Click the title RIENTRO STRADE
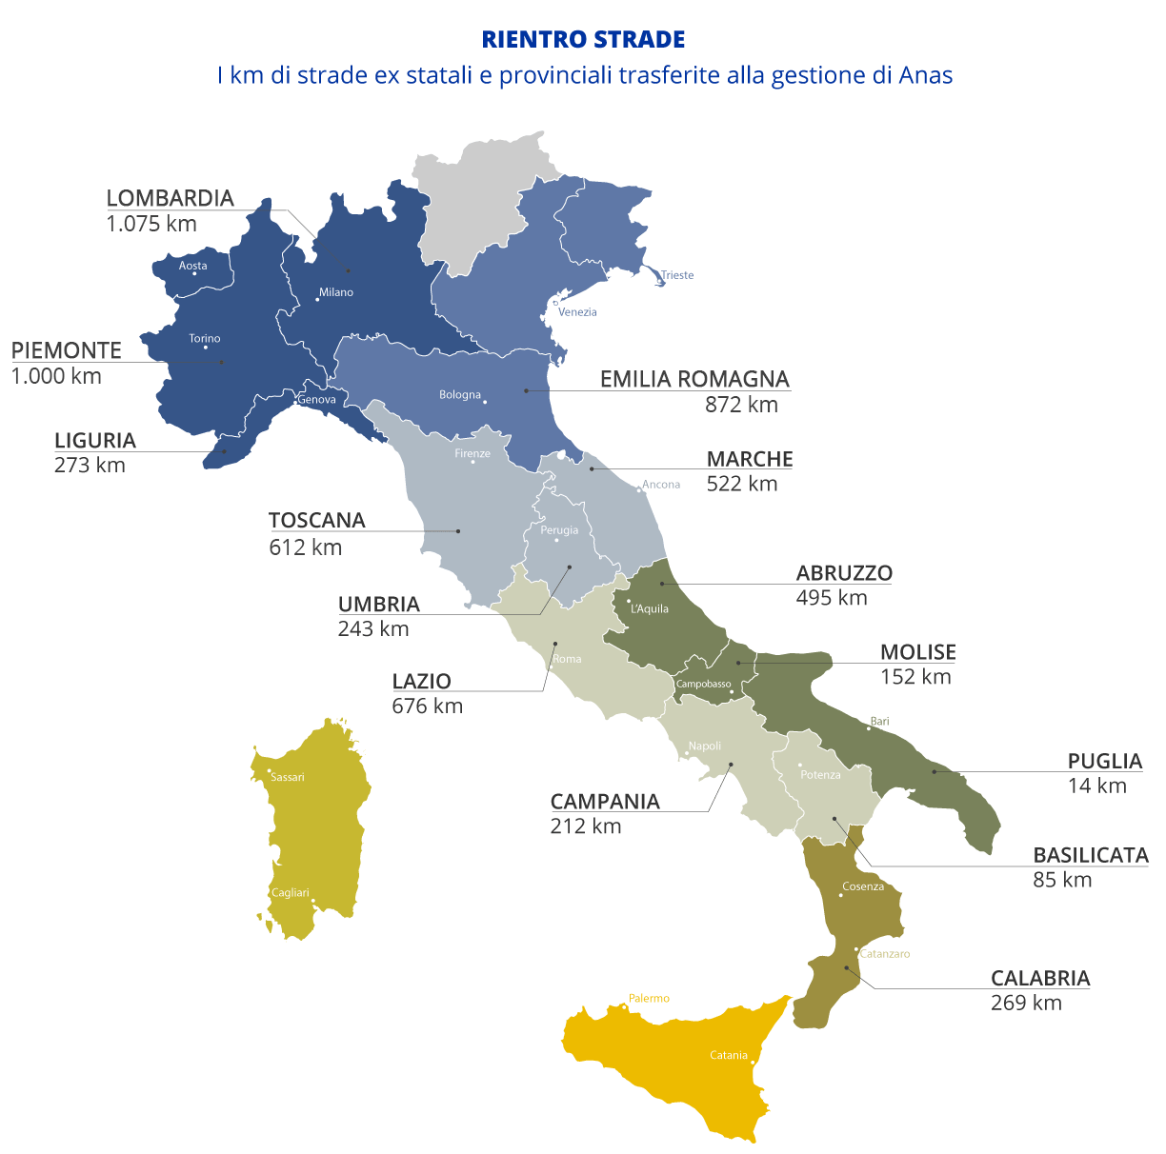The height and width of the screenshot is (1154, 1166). point(583,40)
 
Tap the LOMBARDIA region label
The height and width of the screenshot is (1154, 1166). point(170,198)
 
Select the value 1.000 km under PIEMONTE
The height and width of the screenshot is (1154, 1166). point(56,376)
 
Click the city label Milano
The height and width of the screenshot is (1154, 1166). point(336,292)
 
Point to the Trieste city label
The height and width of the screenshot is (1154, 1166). point(677,275)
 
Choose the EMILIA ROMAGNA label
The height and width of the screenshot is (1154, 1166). point(694,379)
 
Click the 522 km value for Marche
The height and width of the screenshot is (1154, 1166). point(742,484)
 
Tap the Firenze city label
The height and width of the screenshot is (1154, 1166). point(472,453)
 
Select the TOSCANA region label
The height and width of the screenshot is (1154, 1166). point(316,521)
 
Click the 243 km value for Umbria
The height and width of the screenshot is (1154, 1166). point(373,629)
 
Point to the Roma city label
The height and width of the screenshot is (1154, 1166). point(567,659)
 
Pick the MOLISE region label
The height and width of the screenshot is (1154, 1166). point(917,652)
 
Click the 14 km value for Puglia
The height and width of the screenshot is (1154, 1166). point(1097,786)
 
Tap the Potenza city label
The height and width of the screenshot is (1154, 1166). point(820,775)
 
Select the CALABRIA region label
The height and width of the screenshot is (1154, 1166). point(1040,978)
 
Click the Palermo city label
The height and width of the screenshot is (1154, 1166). point(649,999)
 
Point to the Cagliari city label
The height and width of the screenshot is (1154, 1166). point(291,893)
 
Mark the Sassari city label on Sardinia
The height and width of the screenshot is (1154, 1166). point(288,777)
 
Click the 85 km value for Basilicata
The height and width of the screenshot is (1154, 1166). point(1062,880)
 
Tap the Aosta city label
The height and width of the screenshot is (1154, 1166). point(193,266)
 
